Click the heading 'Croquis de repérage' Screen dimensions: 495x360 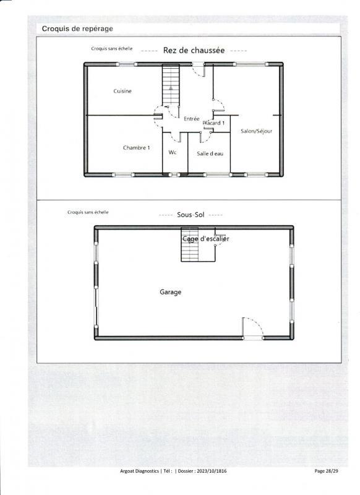[x=77, y=28]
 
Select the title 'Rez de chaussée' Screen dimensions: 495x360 [x=194, y=51]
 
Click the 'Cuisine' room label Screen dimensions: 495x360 [x=122, y=92]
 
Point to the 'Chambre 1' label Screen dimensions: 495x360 [x=136, y=148]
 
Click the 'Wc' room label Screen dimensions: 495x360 [x=173, y=152]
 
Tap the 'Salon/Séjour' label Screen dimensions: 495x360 [x=256, y=131]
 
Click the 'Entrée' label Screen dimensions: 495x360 [x=192, y=118]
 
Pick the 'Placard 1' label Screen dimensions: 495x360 [x=213, y=123]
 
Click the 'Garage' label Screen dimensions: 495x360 [x=170, y=292]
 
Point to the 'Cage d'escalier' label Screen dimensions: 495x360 [x=205, y=239]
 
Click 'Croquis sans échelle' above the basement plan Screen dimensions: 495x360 [x=88, y=212]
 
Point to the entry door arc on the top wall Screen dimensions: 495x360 [x=199, y=70]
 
